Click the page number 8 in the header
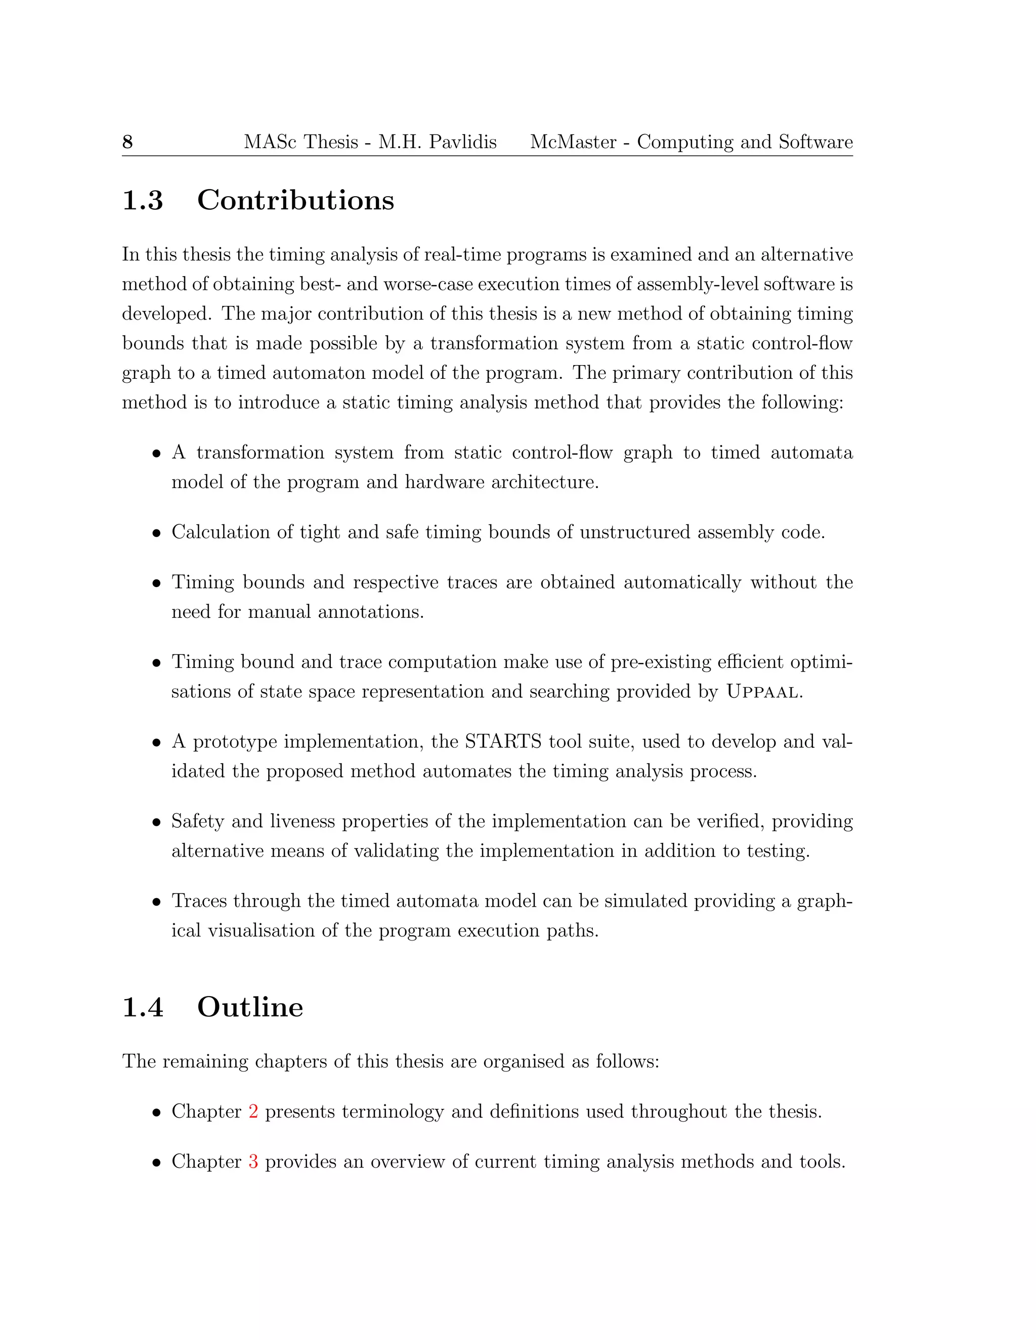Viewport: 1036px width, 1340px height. [x=127, y=143]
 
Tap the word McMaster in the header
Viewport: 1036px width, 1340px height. [x=573, y=143]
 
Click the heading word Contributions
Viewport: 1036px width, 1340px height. [x=295, y=201]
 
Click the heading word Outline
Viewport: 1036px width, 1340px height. [x=250, y=1007]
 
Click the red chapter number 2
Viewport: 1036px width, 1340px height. [x=253, y=1112]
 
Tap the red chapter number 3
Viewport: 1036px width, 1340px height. [x=253, y=1162]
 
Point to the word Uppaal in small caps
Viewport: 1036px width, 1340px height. [x=763, y=692]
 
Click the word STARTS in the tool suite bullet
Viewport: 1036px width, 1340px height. [x=503, y=742]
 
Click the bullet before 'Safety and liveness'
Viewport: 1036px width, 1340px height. [x=157, y=823]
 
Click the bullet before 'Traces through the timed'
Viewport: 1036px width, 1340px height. [x=157, y=903]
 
